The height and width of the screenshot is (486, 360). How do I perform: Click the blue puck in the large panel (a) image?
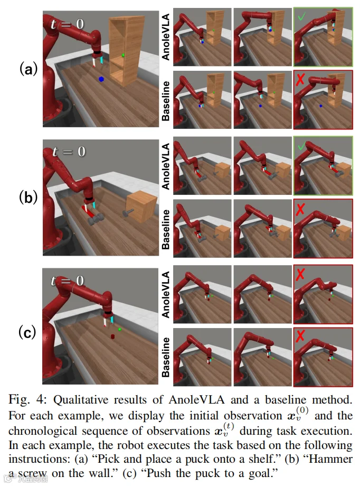coord(101,79)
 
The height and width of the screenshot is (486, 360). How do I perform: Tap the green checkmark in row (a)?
coord(301,16)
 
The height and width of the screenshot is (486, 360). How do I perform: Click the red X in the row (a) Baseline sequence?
coord(300,80)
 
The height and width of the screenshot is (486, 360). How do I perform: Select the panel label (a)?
coord(28,69)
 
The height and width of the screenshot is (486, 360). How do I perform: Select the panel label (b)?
coord(28,197)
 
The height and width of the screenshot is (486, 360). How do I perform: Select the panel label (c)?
coord(27,332)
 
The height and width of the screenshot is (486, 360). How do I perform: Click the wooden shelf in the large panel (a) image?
coord(126,51)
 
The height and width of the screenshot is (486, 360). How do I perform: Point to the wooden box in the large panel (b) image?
coord(141,206)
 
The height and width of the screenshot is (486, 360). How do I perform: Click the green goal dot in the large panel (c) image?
coord(120,329)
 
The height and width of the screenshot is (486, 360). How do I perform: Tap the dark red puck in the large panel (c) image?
coord(113,337)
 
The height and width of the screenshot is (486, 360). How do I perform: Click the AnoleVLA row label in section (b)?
coord(166,166)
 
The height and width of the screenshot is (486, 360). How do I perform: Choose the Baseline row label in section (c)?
coord(166,358)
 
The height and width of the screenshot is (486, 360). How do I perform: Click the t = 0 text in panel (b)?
coord(69,152)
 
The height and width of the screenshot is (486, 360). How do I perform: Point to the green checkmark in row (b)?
coord(301,146)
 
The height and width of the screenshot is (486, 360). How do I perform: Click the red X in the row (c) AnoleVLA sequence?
coord(300,274)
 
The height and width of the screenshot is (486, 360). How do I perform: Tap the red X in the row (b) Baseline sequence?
coord(300,210)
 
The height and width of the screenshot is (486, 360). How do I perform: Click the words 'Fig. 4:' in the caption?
coord(27,399)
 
